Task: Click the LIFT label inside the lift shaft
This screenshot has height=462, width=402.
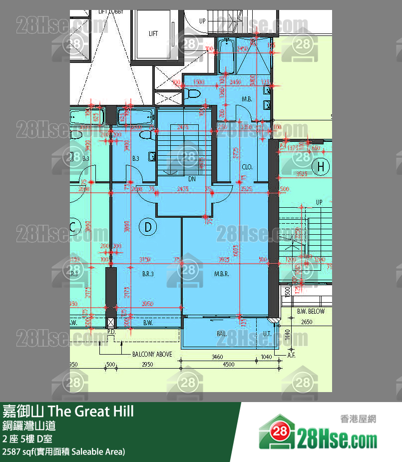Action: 153,33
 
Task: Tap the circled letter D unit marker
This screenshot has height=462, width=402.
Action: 148,227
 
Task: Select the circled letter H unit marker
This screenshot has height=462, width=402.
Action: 321,167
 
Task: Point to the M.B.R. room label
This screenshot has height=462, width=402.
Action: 221,274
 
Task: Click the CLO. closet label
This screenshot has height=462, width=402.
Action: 247,167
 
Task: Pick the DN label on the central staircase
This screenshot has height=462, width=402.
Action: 192,178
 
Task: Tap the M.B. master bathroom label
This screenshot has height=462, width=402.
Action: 247,99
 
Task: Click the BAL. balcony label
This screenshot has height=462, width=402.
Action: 222,333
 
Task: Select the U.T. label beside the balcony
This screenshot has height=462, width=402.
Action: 267,333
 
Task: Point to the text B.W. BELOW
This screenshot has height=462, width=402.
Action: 311,311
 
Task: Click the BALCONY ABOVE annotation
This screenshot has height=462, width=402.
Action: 152,354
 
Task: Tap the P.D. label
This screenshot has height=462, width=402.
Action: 111,331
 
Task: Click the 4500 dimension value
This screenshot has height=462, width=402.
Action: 228,364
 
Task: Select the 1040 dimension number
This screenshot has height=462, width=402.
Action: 266,357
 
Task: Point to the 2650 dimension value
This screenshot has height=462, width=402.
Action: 307,322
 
